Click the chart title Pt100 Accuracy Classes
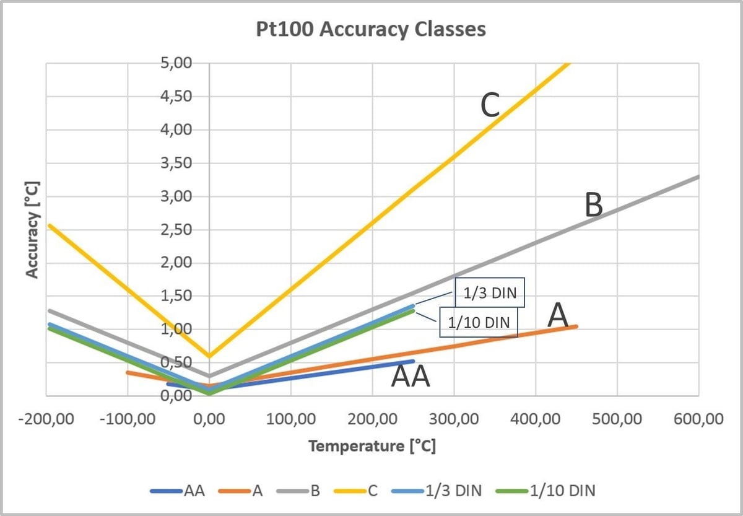click(x=371, y=30)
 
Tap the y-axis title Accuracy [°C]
click(x=33, y=229)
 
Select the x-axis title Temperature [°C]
click(x=371, y=445)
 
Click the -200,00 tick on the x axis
click(x=46, y=419)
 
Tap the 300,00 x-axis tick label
click(x=454, y=419)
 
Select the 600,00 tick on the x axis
click(x=698, y=419)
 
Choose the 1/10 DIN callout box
click(x=478, y=323)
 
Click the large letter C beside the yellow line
click(x=490, y=106)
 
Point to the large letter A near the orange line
click(x=558, y=316)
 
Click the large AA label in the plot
click(x=411, y=377)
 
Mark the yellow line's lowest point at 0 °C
click(x=209, y=356)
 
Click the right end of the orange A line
click(x=576, y=326)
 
